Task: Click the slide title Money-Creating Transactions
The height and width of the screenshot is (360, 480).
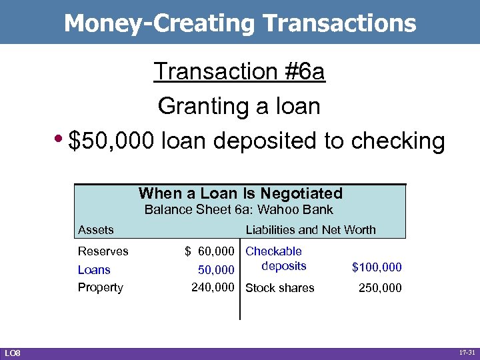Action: pos(240,23)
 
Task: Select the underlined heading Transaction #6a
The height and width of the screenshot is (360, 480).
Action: pos(239,71)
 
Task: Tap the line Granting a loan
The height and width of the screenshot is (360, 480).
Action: pos(239,105)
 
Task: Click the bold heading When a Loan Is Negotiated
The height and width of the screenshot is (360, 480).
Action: pos(241,193)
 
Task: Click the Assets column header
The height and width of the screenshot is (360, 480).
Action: pos(96,230)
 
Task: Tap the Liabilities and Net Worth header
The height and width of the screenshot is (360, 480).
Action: pos(311,230)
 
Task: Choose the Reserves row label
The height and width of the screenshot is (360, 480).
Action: pos(103,251)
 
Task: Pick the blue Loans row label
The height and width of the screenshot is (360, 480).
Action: pos(94,270)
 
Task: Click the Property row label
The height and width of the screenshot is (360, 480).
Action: pos(101,287)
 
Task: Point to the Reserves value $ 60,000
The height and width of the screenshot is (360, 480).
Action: pos(209,251)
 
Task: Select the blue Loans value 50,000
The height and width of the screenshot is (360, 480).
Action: pos(216,270)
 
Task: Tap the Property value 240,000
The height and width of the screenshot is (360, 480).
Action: pos(213,287)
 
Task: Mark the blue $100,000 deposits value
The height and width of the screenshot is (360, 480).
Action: pos(377,267)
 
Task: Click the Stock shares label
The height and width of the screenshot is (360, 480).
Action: pos(280,288)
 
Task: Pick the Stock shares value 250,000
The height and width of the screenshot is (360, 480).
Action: pos(380,288)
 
